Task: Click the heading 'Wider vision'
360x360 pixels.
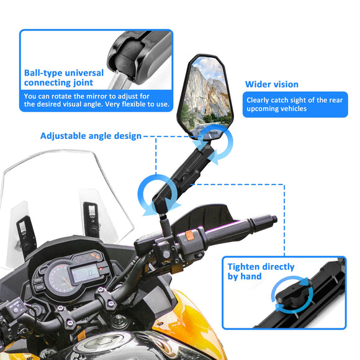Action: [x=271, y=84]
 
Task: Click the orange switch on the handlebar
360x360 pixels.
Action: [x=186, y=236]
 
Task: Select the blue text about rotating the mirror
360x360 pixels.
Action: [x=96, y=100]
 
